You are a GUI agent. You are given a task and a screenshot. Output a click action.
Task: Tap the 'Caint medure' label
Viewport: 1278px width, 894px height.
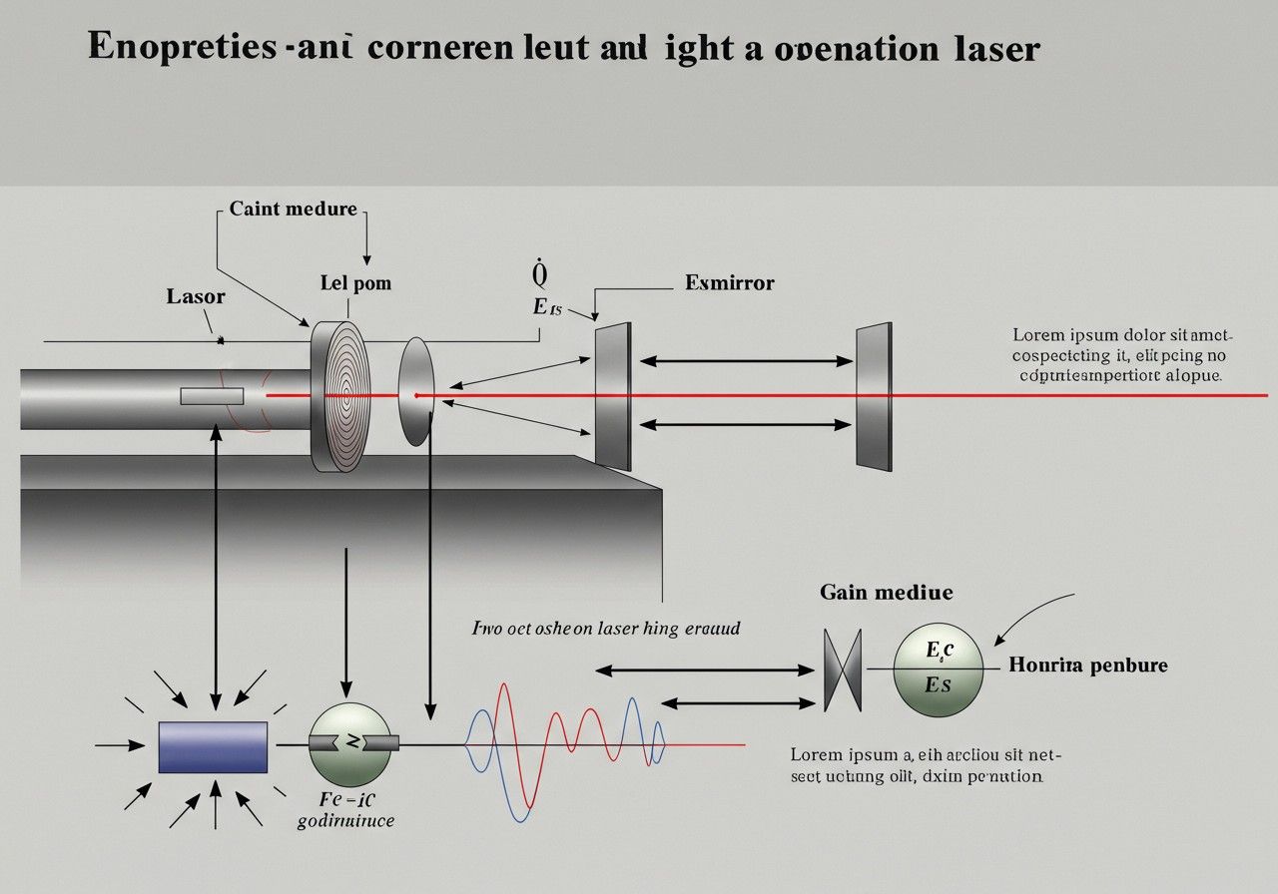[293, 209]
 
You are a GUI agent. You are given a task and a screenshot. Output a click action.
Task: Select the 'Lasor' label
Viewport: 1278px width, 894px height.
[196, 296]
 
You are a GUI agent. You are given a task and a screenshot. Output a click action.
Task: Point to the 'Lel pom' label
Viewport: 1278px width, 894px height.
[355, 282]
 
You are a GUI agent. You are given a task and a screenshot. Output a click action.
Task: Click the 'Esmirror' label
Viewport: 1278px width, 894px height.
[730, 282]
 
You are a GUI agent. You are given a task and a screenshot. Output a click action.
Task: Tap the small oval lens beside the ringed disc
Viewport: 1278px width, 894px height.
[416, 391]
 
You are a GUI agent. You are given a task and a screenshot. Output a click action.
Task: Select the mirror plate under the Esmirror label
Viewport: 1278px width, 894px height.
[613, 395]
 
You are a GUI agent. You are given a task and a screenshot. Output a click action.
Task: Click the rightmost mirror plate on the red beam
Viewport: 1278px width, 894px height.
[874, 395]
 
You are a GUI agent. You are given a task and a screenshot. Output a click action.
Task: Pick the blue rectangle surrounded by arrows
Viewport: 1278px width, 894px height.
[214, 746]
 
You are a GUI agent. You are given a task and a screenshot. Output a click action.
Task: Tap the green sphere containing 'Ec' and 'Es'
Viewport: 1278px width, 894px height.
[939, 669]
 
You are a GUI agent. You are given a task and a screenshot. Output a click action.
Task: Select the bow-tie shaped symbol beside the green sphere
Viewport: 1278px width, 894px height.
[844, 670]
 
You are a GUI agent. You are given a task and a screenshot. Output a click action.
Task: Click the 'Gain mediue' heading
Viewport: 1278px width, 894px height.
[886, 593]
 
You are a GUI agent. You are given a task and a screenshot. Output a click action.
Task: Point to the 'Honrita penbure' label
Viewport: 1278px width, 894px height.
[1088, 665]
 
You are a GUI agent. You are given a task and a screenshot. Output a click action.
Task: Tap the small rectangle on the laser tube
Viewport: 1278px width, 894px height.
[212, 396]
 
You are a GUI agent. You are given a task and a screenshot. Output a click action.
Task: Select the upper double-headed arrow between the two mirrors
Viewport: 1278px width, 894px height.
[744, 361]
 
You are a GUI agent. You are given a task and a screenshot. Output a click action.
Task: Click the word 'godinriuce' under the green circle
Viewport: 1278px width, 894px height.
[346, 821]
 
